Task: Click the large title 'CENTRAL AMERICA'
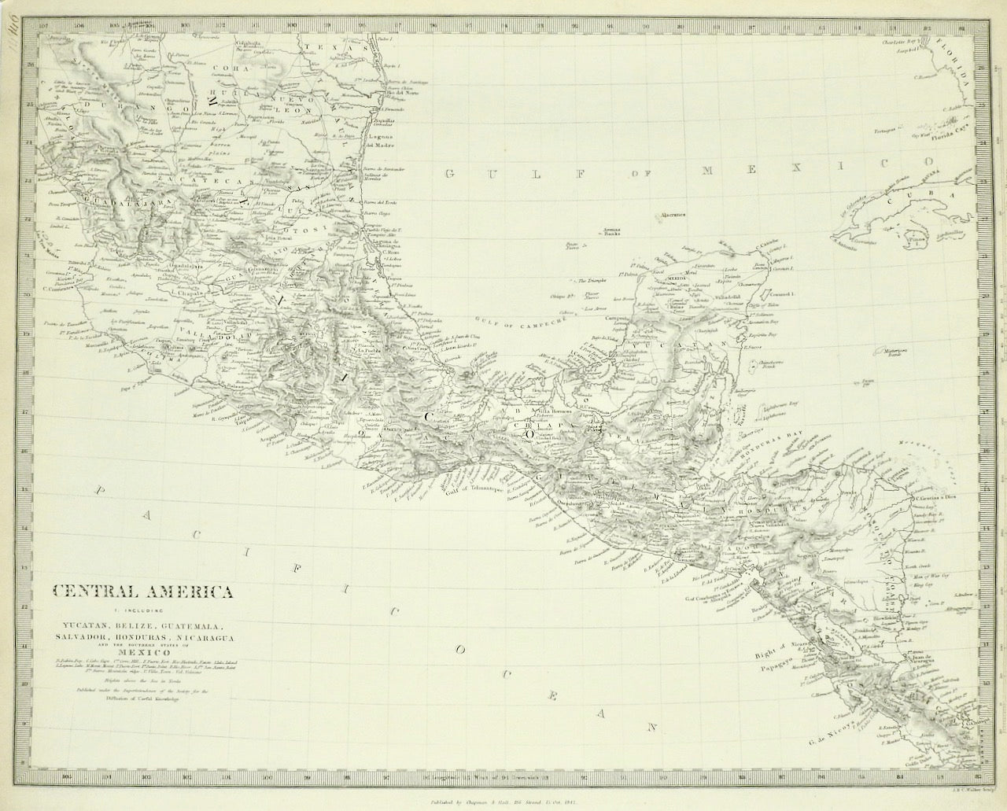coord(142,590)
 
